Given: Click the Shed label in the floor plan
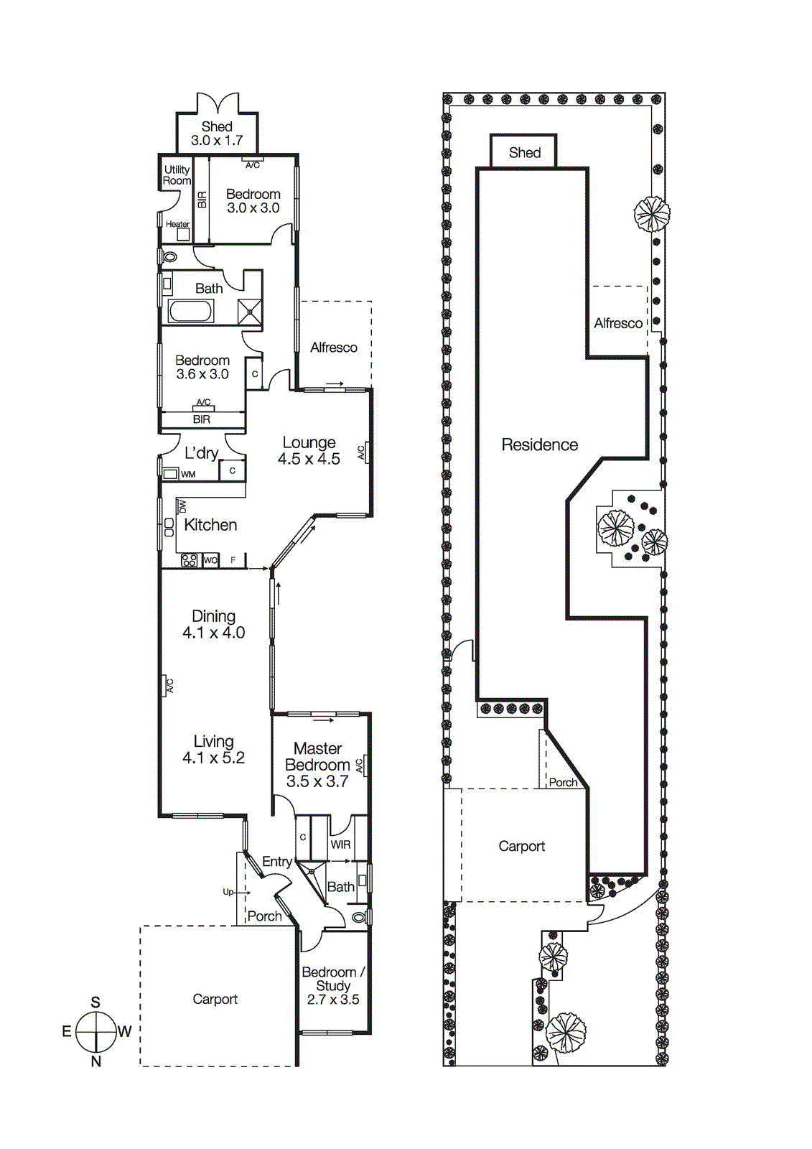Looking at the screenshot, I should (x=217, y=127).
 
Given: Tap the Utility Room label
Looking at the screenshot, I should (x=177, y=175).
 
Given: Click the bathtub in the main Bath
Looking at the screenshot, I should (x=191, y=312).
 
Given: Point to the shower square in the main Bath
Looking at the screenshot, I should (x=250, y=312).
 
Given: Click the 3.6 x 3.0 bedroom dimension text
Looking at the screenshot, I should (x=202, y=374).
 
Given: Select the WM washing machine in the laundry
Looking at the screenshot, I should (x=170, y=474).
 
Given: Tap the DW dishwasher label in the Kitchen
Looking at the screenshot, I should (x=182, y=506).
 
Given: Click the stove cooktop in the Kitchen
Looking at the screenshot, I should (x=190, y=560).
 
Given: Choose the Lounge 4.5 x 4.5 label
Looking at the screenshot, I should (x=309, y=451).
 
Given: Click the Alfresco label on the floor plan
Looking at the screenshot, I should (x=333, y=348).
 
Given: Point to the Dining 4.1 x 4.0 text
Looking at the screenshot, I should (x=213, y=624).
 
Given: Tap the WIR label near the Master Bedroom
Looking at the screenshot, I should (x=340, y=845).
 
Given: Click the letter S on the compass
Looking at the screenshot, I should (x=95, y=1003).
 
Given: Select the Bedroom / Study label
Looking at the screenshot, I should (x=333, y=979).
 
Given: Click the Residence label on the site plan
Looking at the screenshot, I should (x=539, y=445).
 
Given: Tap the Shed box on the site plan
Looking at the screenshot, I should (x=524, y=152).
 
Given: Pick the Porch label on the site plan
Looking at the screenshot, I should (x=563, y=783).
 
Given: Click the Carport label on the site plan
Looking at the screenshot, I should (x=521, y=847).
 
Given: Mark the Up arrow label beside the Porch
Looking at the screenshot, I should (x=228, y=892).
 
